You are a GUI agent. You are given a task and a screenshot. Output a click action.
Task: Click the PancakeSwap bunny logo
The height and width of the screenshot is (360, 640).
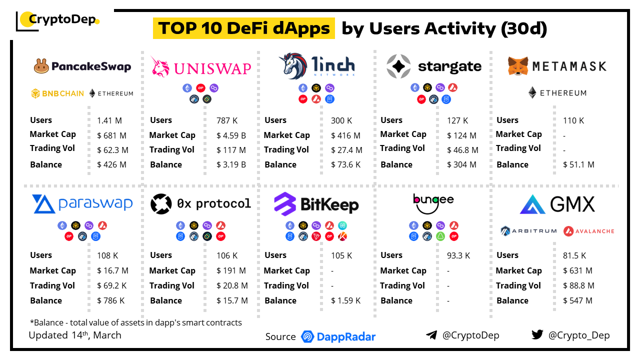click(x=41, y=66)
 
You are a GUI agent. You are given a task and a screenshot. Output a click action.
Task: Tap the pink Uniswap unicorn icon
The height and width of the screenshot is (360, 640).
click(x=160, y=66)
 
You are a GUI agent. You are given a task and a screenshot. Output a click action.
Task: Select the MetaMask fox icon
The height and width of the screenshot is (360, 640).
click(x=518, y=66)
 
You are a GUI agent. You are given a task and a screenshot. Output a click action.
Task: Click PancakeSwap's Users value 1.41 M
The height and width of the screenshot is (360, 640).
click(x=109, y=120)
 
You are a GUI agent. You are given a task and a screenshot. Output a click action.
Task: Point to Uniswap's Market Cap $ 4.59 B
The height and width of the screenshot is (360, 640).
click(x=231, y=135)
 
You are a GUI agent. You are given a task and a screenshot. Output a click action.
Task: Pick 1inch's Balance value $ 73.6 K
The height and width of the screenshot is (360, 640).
click(x=345, y=164)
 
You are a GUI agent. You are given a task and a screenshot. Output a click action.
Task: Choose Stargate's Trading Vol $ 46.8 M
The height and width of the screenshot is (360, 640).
click(x=462, y=150)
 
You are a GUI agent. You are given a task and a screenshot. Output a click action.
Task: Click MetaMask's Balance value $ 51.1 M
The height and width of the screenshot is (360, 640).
click(x=578, y=164)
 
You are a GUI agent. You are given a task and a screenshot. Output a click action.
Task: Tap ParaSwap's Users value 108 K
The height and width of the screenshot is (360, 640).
click(x=107, y=255)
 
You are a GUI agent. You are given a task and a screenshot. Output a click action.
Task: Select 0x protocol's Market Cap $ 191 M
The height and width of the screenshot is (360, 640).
click(x=231, y=270)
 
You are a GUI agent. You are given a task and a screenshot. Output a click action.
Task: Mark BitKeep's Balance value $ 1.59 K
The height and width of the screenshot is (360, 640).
click(x=345, y=300)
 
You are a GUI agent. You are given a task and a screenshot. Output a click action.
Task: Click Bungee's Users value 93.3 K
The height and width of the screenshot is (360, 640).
click(x=458, y=255)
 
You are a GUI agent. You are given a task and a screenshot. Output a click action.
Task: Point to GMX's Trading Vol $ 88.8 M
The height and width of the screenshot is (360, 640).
click(x=578, y=285)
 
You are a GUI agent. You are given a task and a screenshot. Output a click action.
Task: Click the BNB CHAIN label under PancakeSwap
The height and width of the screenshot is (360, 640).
click(x=57, y=93)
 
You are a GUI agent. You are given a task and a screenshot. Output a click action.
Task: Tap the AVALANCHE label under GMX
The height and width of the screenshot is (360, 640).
click(x=589, y=231)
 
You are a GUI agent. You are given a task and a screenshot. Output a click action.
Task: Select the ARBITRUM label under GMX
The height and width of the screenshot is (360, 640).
click(x=529, y=231)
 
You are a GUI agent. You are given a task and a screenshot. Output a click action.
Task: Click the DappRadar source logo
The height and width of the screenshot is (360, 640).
click(x=338, y=336)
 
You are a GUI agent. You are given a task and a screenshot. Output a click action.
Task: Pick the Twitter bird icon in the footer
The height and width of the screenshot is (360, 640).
click(x=537, y=335)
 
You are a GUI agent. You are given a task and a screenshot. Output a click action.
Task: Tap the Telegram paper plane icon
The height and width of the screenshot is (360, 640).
click(x=431, y=335)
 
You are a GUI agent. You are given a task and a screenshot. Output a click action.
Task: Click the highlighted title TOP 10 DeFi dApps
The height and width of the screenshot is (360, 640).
click(x=244, y=28)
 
